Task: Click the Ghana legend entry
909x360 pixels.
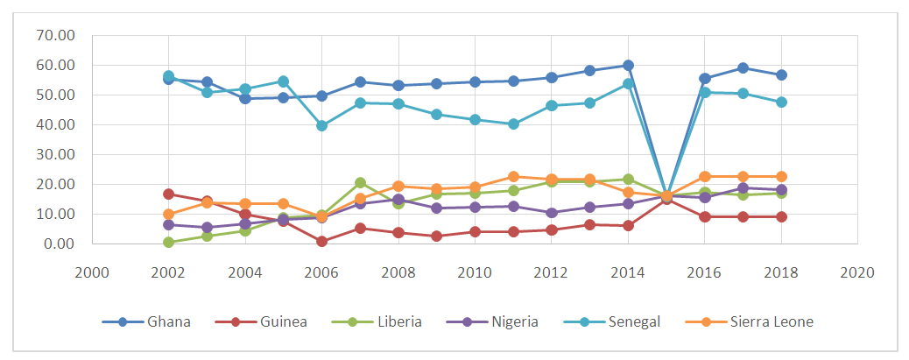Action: (166, 321)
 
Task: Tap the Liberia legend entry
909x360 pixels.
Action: (398, 321)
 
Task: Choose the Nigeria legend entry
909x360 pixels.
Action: (514, 321)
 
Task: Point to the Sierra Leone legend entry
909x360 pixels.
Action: (772, 321)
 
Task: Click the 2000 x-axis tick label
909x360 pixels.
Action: (92, 272)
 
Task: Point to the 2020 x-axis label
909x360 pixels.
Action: (856, 272)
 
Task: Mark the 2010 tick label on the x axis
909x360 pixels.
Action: (475, 272)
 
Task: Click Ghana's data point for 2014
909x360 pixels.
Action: (628, 66)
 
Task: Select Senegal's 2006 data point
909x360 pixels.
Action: (322, 125)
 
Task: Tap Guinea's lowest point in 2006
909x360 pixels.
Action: (322, 241)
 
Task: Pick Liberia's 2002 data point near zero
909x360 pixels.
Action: (168, 242)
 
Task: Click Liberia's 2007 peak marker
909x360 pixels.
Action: (360, 183)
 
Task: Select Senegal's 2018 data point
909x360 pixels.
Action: (780, 102)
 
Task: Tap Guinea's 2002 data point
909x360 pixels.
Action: (168, 194)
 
